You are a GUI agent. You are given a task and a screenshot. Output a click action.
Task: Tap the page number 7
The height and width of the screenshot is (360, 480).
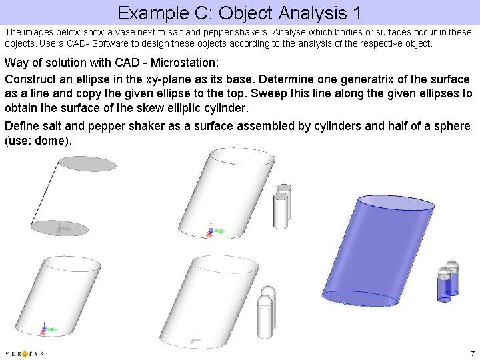tap(472, 353)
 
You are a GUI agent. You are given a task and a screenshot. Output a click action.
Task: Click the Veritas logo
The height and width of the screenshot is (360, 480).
tap(24, 353)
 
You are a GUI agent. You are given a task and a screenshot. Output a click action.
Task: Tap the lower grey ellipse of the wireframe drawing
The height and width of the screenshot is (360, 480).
tap(62, 228)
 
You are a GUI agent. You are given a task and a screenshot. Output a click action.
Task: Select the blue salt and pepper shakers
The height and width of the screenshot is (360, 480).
tap(447, 281)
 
